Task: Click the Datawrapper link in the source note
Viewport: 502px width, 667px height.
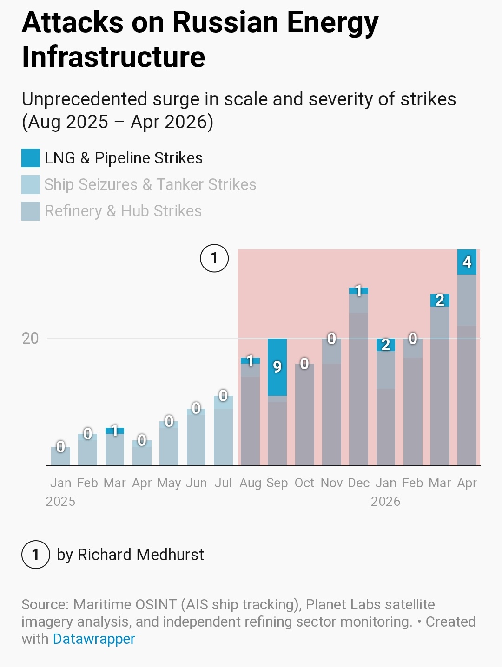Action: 93,639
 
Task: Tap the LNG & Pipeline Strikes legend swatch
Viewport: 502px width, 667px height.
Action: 30,158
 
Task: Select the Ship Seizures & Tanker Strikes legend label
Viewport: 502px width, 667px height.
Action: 150,184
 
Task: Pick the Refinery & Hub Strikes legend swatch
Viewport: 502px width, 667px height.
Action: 30,211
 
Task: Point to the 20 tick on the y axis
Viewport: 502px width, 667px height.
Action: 30,338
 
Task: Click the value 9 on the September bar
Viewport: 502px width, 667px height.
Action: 277,367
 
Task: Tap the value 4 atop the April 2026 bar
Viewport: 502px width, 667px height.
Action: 467,262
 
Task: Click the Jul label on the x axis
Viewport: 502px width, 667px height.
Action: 223,483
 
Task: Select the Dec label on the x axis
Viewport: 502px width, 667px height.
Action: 358,483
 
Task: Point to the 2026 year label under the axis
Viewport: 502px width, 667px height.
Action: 385,501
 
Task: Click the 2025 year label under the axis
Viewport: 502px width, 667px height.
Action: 60,501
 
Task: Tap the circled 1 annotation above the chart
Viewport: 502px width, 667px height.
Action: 214,258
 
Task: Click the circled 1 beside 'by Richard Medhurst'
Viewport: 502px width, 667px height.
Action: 36,554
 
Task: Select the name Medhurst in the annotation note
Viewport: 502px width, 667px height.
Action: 170,554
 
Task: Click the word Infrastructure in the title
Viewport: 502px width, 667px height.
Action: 113,57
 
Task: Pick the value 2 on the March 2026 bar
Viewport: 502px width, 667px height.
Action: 440,300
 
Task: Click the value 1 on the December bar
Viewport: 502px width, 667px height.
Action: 358,291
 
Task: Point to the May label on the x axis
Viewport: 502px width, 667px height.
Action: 169,483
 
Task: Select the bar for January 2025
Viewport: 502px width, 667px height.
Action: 60,456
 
